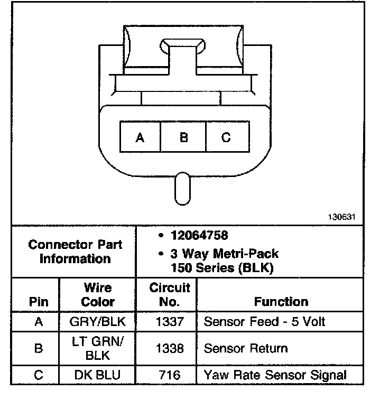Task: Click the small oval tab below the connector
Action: click(182, 189)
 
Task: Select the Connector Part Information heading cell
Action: click(75, 252)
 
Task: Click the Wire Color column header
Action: click(98, 295)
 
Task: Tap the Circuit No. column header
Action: click(169, 295)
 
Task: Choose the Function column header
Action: click(281, 302)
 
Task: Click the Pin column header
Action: click(39, 302)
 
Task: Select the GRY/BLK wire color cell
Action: click(98, 321)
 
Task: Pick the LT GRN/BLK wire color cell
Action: click(98, 348)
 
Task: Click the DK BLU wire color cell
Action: click(98, 375)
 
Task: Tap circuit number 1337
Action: click(169, 321)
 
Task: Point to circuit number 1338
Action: click(169, 348)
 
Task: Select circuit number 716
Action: click(169, 375)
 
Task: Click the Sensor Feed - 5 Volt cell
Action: click(264, 321)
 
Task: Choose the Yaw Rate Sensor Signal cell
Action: click(275, 375)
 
